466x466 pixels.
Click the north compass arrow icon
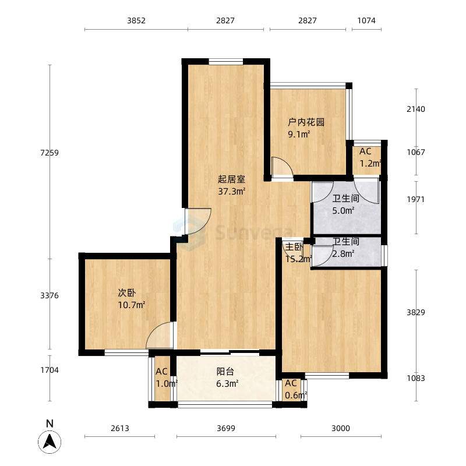point(50,442)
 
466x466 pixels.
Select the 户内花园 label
point(306,122)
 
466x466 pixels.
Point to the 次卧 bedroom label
point(127,293)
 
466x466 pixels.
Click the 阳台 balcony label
point(225,372)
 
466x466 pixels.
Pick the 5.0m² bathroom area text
point(343,211)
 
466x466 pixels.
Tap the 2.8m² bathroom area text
point(343,254)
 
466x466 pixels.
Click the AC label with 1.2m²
point(365,151)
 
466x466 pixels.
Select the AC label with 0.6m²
point(291,383)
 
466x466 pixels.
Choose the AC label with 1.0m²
point(161,372)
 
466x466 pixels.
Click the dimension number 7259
point(50,153)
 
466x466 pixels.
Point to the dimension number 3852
point(136,20)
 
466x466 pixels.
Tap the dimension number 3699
point(226,428)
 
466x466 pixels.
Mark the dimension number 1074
point(366,20)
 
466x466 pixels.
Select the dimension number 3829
point(416,312)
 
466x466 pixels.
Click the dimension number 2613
point(120,428)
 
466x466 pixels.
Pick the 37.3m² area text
point(231,192)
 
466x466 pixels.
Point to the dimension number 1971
point(416,199)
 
